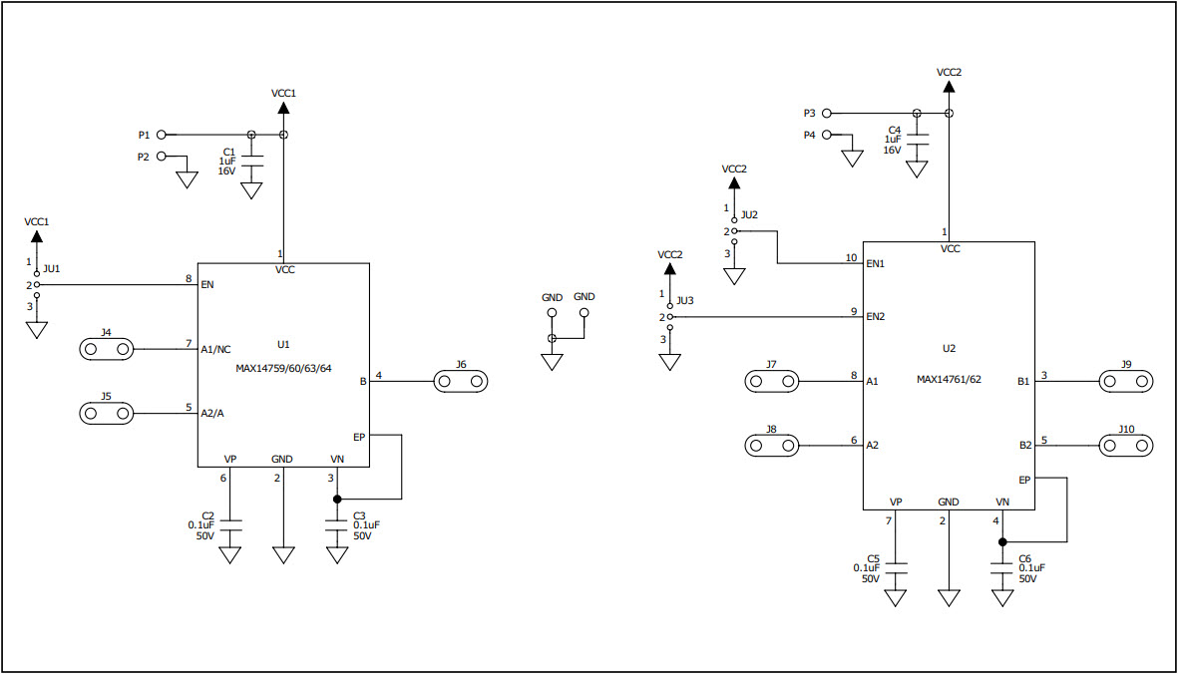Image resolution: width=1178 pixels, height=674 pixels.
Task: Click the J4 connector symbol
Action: point(106,349)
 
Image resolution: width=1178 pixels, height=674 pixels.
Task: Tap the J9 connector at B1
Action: point(1125,381)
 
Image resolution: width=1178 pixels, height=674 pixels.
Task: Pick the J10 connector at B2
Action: point(1125,445)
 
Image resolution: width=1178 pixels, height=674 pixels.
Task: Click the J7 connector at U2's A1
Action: point(772,381)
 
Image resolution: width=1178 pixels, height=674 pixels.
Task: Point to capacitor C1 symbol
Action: point(251,158)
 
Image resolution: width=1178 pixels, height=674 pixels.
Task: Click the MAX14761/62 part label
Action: point(949,379)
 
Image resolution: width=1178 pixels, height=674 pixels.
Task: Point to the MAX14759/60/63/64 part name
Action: point(283,368)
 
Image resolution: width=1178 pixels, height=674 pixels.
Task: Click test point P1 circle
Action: point(162,135)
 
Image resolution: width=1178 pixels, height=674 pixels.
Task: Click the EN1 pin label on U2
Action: point(876,264)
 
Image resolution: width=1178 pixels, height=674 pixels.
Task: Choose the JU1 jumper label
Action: point(52,269)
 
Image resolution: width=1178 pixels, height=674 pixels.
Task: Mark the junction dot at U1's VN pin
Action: point(337,499)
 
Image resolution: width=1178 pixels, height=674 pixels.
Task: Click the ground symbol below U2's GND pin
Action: point(949,597)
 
